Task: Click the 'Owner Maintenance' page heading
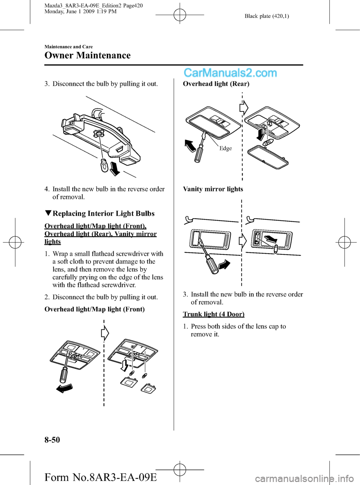87,56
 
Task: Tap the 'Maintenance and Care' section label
69,47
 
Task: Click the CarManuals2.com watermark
230,73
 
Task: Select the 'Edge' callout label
225,149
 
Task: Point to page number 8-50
52,440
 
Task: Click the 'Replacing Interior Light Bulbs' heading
103,213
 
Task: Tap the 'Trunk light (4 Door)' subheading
213,314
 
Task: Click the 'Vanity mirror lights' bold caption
213,189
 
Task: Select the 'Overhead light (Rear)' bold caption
216,84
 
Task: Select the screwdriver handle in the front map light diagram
64,374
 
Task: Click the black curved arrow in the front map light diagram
64,388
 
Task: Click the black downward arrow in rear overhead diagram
260,134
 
